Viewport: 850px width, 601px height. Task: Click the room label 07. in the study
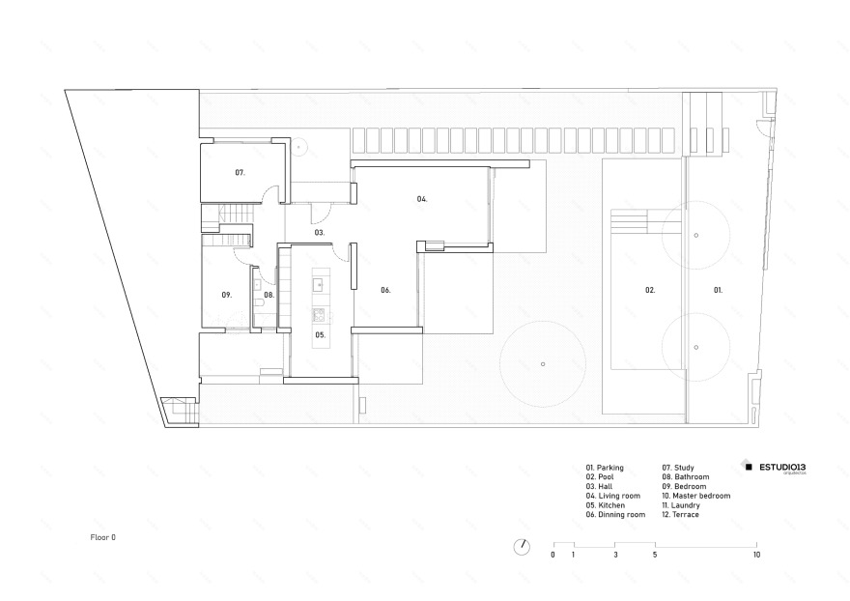click(x=240, y=172)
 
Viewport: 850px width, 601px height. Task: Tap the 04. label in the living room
click(x=422, y=199)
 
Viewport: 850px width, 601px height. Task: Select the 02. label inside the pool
click(x=651, y=290)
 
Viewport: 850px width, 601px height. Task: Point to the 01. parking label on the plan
click(x=718, y=290)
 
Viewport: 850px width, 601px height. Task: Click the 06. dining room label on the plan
click(x=384, y=290)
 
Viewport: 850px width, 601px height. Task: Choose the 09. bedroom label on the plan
click(x=226, y=295)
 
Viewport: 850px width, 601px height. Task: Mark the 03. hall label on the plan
click(x=319, y=233)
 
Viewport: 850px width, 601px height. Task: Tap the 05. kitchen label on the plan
click(x=320, y=334)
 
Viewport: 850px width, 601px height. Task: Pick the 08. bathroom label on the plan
click(x=269, y=295)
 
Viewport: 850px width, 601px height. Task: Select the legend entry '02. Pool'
click(x=601, y=477)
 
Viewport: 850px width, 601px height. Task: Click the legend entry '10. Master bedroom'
click(x=695, y=496)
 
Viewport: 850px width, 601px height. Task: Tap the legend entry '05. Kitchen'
click(x=605, y=505)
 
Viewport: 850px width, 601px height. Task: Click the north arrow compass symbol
click(x=522, y=546)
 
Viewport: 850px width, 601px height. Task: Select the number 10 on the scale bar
click(x=757, y=556)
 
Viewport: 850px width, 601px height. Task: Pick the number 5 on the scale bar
click(x=655, y=556)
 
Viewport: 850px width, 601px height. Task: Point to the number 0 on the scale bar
click(x=553, y=556)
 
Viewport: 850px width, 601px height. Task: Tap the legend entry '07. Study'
click(x=678, y=468)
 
